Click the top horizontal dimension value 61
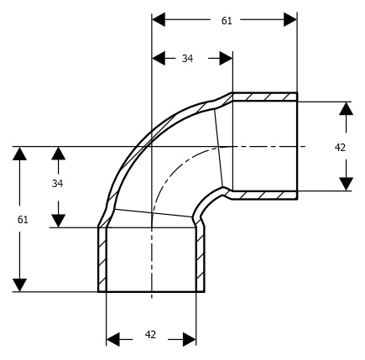tap(227, 21)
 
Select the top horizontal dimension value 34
tap(187, 59)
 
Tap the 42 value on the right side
tap(340, 148)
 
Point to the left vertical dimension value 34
tap(57, 184)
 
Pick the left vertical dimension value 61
tap(23, 220)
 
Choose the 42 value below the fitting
tap(150, 334)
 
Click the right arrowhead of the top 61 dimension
tap(290, 19)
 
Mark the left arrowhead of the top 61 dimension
tap(159, 19)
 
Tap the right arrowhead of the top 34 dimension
tap(226, 59)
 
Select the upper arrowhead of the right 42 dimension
tap(347, 108)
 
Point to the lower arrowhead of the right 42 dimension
tap(347, 184)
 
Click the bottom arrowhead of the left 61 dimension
tap(19, 285)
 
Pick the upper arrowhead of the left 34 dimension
tap(58, 154)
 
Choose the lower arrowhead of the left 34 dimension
tap(58, 221)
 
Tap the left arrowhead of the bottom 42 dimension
tap(113, 339)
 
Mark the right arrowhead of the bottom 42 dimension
tap(190, 339)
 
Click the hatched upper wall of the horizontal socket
tap(264, 97)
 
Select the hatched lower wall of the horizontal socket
tap(264, 195)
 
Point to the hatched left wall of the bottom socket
tap(102, 259)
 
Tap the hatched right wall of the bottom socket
tap(201, 259)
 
